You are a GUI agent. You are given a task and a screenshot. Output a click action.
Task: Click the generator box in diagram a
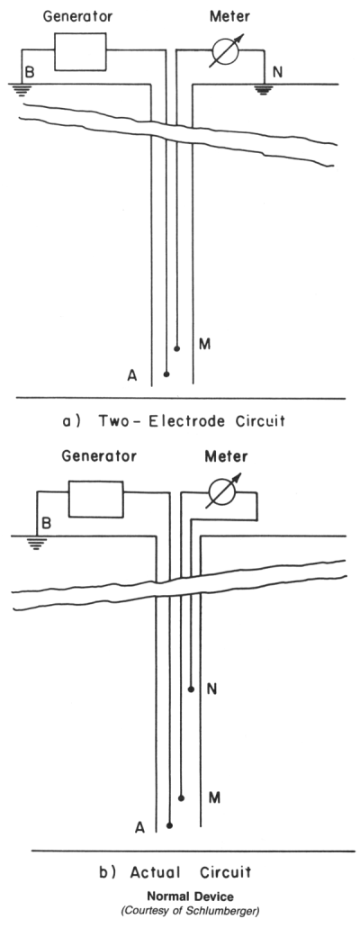(80, 51)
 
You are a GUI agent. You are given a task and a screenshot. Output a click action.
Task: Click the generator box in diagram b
(96, 499)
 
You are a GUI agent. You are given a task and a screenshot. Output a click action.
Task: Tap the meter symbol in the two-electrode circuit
(225, 51)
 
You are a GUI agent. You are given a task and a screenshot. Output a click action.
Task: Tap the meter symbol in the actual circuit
(223, 491)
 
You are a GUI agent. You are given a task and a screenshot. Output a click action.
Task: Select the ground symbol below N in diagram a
(264, 89)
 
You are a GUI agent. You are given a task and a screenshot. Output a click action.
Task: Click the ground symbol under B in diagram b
(37, 543)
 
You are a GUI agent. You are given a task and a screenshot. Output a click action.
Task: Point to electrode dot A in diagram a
(166, 374)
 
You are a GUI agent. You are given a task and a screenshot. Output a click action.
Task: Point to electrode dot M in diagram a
(176, 349)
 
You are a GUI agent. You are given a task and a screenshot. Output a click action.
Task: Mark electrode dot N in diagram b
(191, 689)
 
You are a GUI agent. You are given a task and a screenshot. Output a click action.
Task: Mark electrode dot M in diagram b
(181, 798)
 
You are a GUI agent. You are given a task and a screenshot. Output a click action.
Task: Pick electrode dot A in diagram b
(170, 825)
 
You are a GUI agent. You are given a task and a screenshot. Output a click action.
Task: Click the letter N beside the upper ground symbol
(278, 74)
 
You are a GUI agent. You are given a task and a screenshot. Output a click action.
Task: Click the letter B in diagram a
(28, 73)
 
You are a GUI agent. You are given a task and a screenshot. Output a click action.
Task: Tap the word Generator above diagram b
(99, 457)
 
